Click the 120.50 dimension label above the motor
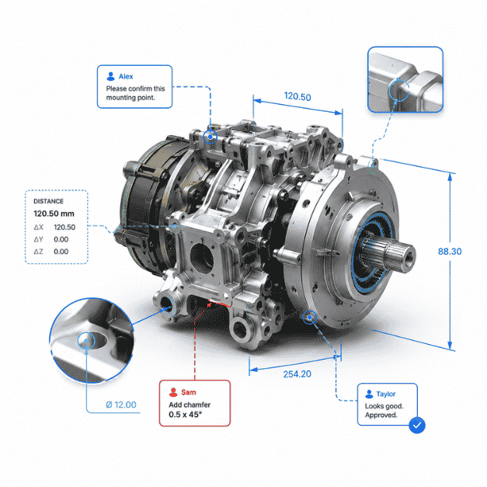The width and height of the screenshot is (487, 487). pos(297,96)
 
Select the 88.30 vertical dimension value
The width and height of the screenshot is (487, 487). pos(450,251)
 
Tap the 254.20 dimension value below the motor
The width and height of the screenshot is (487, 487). pos(297,374)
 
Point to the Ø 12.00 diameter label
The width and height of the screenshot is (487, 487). pos(121,405)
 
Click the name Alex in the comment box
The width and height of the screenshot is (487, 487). pos(126,76)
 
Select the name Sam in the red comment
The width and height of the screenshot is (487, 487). pos(189,392)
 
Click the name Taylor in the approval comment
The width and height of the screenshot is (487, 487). pos(386,394)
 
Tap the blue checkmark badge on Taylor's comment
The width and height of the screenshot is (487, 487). pos(417,425)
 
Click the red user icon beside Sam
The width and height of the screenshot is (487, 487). pos(173,392)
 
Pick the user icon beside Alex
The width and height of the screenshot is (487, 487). pos(110,76)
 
